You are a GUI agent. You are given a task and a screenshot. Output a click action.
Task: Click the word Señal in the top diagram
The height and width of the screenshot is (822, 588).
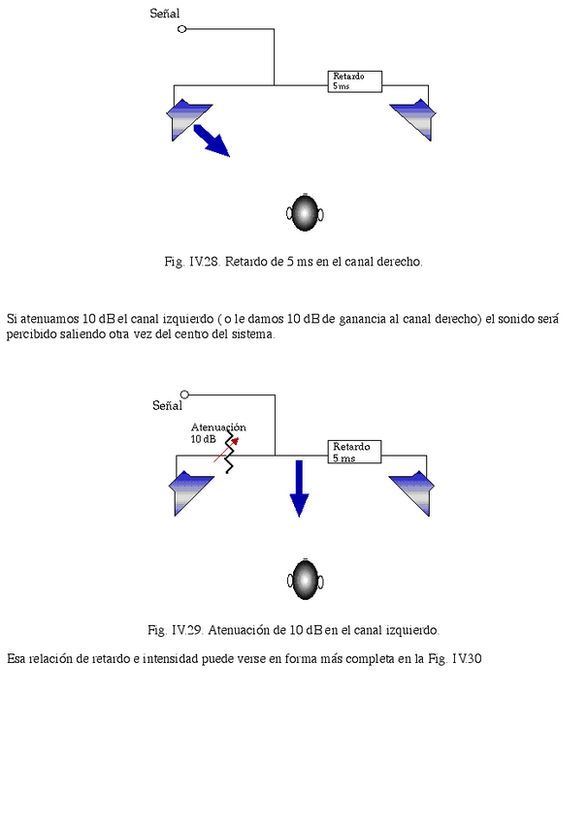click(165, 14)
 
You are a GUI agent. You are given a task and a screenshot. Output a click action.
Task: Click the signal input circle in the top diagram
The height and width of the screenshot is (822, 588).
click(181, 30)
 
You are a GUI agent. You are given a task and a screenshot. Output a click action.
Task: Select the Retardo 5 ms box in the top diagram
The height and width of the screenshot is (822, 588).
click(354, 81)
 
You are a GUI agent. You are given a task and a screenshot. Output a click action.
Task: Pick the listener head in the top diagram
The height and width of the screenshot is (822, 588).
click(306, 213)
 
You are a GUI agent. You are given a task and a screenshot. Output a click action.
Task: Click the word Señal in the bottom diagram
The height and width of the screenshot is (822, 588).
click(167, 406)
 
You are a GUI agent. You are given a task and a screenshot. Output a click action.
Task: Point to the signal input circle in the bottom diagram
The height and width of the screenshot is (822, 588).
click(185, 394)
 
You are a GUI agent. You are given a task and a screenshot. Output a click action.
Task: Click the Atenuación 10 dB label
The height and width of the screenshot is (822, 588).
click(216, 432)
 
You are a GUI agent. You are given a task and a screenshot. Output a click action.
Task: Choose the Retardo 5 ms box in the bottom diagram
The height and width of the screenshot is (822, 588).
click(354, 452)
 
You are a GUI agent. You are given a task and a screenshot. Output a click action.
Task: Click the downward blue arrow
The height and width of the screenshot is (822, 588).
click(299, 489)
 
